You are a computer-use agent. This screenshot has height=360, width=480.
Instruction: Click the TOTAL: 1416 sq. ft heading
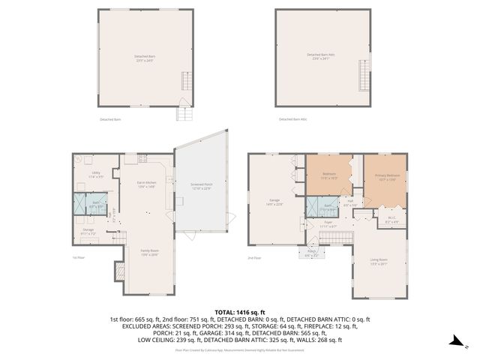(x=239, y=311)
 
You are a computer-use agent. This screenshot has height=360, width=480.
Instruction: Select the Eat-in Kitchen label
(x=145, y=184)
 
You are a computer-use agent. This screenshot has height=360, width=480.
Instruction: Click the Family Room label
(x=149, y=253)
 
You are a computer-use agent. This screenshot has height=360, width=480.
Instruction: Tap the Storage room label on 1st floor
(x=88, y=232)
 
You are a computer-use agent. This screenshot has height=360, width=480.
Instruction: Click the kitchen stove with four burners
(x=142, y=159)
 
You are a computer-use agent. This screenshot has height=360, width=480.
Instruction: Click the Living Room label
(x=379, y=262)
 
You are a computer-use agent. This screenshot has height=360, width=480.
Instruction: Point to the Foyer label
(x=328, y=223)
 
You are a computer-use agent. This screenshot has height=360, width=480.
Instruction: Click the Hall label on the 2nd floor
(x=349, y=202)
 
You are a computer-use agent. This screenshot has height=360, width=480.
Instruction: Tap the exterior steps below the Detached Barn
(x=182, y=113)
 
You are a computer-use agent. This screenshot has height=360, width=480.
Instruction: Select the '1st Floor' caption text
(x=78, y=258)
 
